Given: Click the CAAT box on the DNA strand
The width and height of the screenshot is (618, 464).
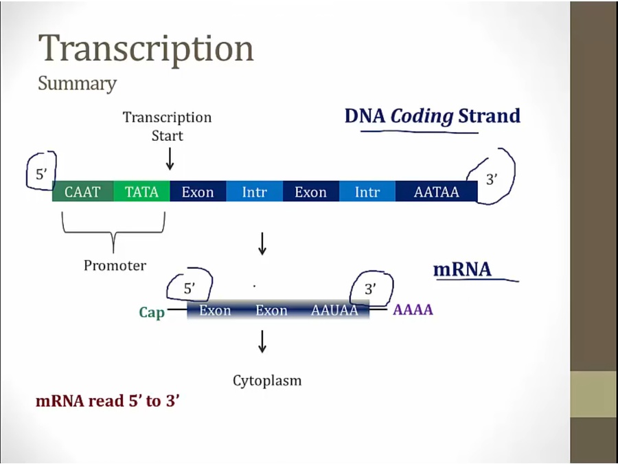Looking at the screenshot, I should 83,192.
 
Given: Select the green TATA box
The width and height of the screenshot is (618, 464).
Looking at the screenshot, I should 141,192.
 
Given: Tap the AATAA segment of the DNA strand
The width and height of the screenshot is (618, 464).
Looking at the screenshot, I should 436,192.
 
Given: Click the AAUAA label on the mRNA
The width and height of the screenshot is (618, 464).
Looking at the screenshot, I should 334,310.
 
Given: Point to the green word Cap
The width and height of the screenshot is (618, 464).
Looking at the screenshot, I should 152,313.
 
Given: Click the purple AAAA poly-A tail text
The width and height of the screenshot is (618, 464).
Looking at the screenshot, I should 413,310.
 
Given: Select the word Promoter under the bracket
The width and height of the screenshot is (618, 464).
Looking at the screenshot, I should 115,265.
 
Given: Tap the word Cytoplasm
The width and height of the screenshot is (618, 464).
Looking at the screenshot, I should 267,380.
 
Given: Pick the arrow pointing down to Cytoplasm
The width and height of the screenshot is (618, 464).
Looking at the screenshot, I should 262,342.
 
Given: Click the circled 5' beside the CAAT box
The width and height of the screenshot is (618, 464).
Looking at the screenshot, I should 42,175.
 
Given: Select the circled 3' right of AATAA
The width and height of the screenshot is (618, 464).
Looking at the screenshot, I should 491,179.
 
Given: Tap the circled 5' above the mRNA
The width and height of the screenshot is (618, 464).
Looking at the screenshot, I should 190,289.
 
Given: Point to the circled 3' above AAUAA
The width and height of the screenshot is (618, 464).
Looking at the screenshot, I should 370,289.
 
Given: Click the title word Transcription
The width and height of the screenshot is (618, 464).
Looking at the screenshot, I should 146,49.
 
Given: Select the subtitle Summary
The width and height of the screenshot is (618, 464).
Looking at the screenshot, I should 77,84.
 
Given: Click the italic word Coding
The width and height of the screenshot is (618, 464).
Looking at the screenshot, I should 422,116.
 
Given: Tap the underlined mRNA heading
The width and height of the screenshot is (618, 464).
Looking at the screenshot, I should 462,269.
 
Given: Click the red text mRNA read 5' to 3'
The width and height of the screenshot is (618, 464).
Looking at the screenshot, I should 107,400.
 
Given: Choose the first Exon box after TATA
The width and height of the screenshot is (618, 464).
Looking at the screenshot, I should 198,192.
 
